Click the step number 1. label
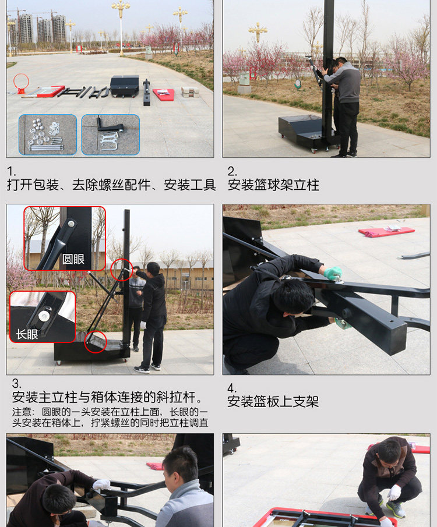pos(10,171)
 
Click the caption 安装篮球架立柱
pos(273,185)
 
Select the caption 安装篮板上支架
pos(273,401)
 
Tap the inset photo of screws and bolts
pos(48,135)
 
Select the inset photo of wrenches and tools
pos(110,135)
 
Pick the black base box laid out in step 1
pos(125,86)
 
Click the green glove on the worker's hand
pos(333,273)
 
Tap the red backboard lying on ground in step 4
pos(386,231)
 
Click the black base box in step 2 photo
pos(302,130)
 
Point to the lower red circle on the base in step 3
pos(95,342)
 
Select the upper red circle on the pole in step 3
pos(121,270)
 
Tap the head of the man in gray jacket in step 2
pos(340,63)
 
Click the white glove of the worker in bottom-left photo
pos(101,484)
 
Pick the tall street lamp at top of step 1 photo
pos(121,23)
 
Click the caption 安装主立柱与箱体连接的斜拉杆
pos(108,398)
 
